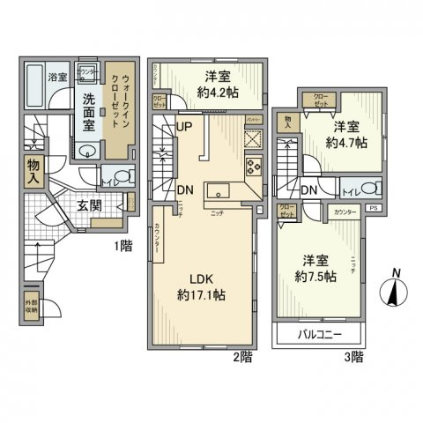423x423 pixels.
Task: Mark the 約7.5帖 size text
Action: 317,275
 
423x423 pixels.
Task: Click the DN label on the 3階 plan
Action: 309,189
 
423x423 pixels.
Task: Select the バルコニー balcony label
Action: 318,336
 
